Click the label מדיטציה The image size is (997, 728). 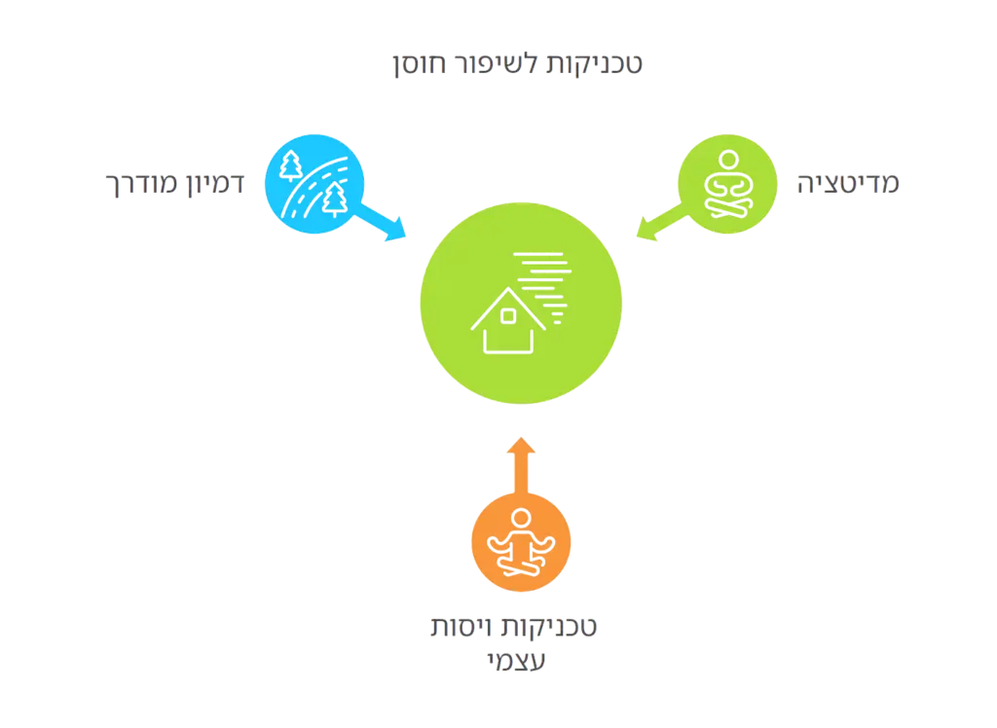[850, 183]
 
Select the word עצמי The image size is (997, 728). [517, 661]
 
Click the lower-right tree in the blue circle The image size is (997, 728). [337, 200]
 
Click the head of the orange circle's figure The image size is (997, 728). [522, 518]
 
